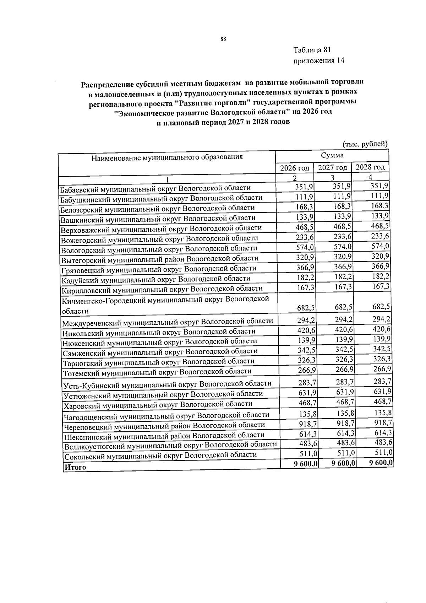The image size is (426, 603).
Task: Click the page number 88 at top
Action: [223, 39]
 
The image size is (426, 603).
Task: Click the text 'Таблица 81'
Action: [312, 50]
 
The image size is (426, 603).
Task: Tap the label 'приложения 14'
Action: [318, 60]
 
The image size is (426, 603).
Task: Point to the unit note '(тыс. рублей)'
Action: [365, 144]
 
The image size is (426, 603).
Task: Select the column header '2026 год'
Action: [294, 168]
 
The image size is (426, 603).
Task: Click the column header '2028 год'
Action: [370, 167]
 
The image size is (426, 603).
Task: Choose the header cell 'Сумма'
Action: [332, 155]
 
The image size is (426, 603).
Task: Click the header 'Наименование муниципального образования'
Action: [167, 157]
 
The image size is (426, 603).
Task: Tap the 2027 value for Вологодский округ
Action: [343, 247]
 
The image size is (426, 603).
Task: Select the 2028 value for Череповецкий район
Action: [383, 422]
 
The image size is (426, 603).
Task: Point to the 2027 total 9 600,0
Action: [343, 463]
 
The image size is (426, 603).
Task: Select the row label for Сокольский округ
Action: [160, 455]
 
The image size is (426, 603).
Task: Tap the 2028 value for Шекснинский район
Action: [383, 433]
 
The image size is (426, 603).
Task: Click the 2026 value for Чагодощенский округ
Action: [307, 414]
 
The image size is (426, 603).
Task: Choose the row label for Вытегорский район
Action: [160, 259]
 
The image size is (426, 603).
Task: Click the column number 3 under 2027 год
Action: [333, 177]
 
